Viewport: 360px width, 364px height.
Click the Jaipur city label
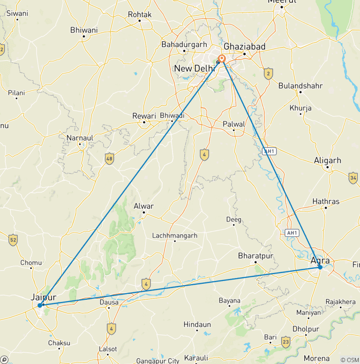[x=43, y=297]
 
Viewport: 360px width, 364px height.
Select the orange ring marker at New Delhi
[x=222, y=59]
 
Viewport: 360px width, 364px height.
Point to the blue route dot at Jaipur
[x=40, y=305]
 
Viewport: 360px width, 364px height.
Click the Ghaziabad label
[x=244, y=46]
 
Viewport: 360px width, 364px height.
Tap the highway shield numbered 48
[x=110, y=159]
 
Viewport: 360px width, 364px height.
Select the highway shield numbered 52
[x=13, y=240]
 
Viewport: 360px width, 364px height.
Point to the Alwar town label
[x=143, y=206]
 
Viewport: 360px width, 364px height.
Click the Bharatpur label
[x=255, y=256]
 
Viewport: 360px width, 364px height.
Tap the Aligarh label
[x=328, y=160]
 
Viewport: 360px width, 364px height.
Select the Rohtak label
[x=140, y=15]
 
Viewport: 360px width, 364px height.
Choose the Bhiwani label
[x=83, y=30]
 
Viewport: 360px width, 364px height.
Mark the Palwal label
[x=234, y=124]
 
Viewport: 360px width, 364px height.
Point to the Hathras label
[x=325, y=202]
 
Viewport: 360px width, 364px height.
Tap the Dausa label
[x=109, y=303]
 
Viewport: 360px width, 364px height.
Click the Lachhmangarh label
[x=175, y=235]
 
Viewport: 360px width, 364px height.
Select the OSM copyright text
[x=349, y=360]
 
